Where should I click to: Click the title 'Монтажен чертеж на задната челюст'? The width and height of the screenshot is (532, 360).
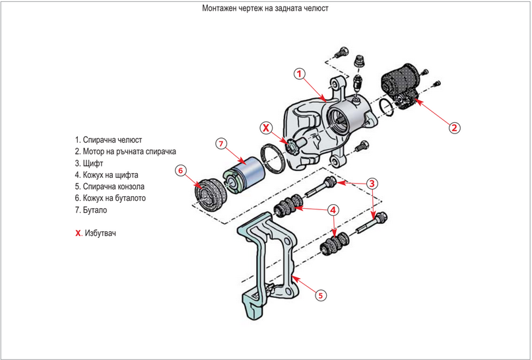[x=265, y=9]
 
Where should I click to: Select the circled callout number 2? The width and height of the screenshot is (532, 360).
[x=455, y=127]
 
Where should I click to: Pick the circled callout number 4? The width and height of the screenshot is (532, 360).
[x=333, y=211]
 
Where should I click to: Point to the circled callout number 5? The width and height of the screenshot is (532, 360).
[x=319, y=295]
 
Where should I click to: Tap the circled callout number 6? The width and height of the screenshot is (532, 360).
[x=181, y=170]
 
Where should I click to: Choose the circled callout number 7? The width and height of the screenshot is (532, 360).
[x=222, y=143]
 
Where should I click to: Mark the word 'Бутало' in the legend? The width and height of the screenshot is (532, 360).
[x=95, y=210]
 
